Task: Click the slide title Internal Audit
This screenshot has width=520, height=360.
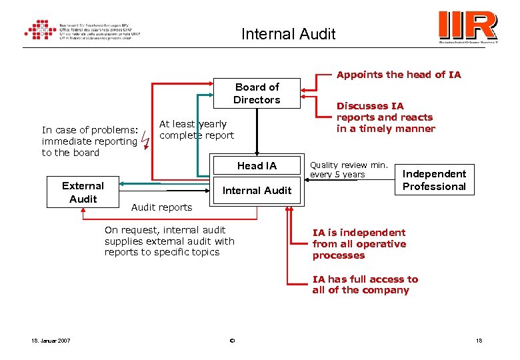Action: tap(288, 33)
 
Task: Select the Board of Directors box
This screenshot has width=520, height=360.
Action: tap(257, 93)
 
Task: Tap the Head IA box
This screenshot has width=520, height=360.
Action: tap(257, 165)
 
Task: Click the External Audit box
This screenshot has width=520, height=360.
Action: tap(83, 192)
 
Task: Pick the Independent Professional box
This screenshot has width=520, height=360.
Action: tap(434, 180)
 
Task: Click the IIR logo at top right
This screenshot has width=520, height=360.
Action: tap(468, 27)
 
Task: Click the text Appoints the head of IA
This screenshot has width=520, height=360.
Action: tap(399, 75)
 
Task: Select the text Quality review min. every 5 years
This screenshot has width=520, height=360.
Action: tap(349, 169)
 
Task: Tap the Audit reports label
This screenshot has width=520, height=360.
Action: tap(161, 207)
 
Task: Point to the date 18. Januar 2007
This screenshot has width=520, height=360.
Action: tap(51, 341)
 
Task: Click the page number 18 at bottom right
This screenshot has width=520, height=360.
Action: tap(479, 341)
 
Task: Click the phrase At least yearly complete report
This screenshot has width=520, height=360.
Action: tap(197, 129)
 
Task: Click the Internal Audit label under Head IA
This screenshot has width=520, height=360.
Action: tap(257, 191)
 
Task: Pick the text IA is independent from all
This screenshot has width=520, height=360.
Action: tap(359, 243)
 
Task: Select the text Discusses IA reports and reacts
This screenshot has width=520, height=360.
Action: tap(385, 117)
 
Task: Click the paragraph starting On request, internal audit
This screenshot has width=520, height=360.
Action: tap(169, 241)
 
